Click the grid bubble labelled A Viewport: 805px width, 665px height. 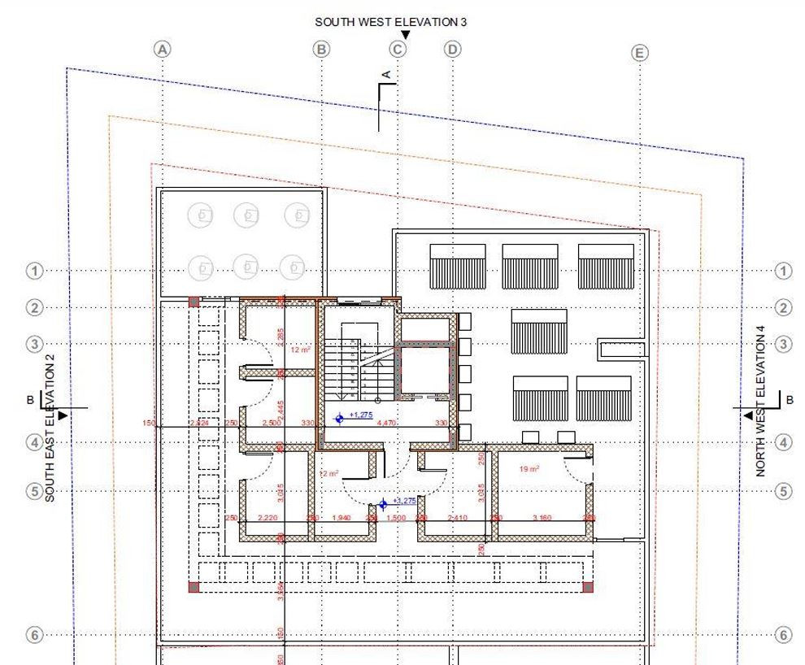coord(163,49)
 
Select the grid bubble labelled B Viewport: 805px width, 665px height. coord(322,49)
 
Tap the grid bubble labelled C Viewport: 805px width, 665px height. coord(398,49)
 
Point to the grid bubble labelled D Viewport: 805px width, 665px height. coord(452,49)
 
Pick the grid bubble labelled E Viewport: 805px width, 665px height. coord(640,53)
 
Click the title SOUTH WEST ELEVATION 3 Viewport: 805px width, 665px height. coord(391,22)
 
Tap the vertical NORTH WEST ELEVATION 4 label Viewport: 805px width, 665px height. coord(762,401)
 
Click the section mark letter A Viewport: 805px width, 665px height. coord(387,75)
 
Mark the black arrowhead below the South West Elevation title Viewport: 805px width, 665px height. coord(406,35)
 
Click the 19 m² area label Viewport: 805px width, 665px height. coord(529,468)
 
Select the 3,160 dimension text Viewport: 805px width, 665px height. coord(542,518)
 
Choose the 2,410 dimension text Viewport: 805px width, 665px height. coord(457,518)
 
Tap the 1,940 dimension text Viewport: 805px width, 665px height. coord(341,518)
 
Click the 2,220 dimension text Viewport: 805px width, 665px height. coord(268,518)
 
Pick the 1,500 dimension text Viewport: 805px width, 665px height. coord(396,518)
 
